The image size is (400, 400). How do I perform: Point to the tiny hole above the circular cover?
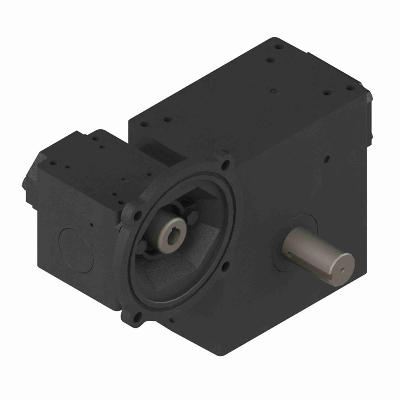pyautogui.click(x=92, y=224)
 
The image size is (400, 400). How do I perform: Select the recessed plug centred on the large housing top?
pyautogui.click(x=273, y=91)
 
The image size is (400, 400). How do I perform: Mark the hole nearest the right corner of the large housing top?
pyautogui.click(x=350, y=87)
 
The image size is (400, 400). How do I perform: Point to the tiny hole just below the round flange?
pyautogui.click(x=171, y=320)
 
